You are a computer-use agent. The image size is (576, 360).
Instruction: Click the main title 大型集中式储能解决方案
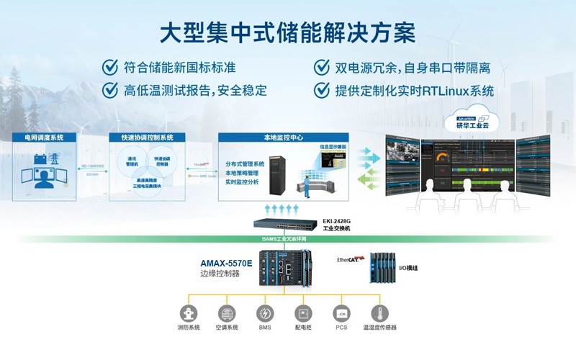coord(288,32)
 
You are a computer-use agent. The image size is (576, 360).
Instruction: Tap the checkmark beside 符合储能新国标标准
coord(109,68)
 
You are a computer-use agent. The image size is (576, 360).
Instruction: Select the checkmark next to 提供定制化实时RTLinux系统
coord(322,90)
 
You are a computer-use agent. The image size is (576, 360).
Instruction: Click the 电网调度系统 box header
coord(44,137)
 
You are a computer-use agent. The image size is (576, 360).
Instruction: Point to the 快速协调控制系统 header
coord(148,137)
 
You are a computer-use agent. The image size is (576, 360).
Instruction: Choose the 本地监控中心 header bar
coord(273,137)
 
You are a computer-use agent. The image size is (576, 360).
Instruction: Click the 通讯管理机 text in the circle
coord(132,161)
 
